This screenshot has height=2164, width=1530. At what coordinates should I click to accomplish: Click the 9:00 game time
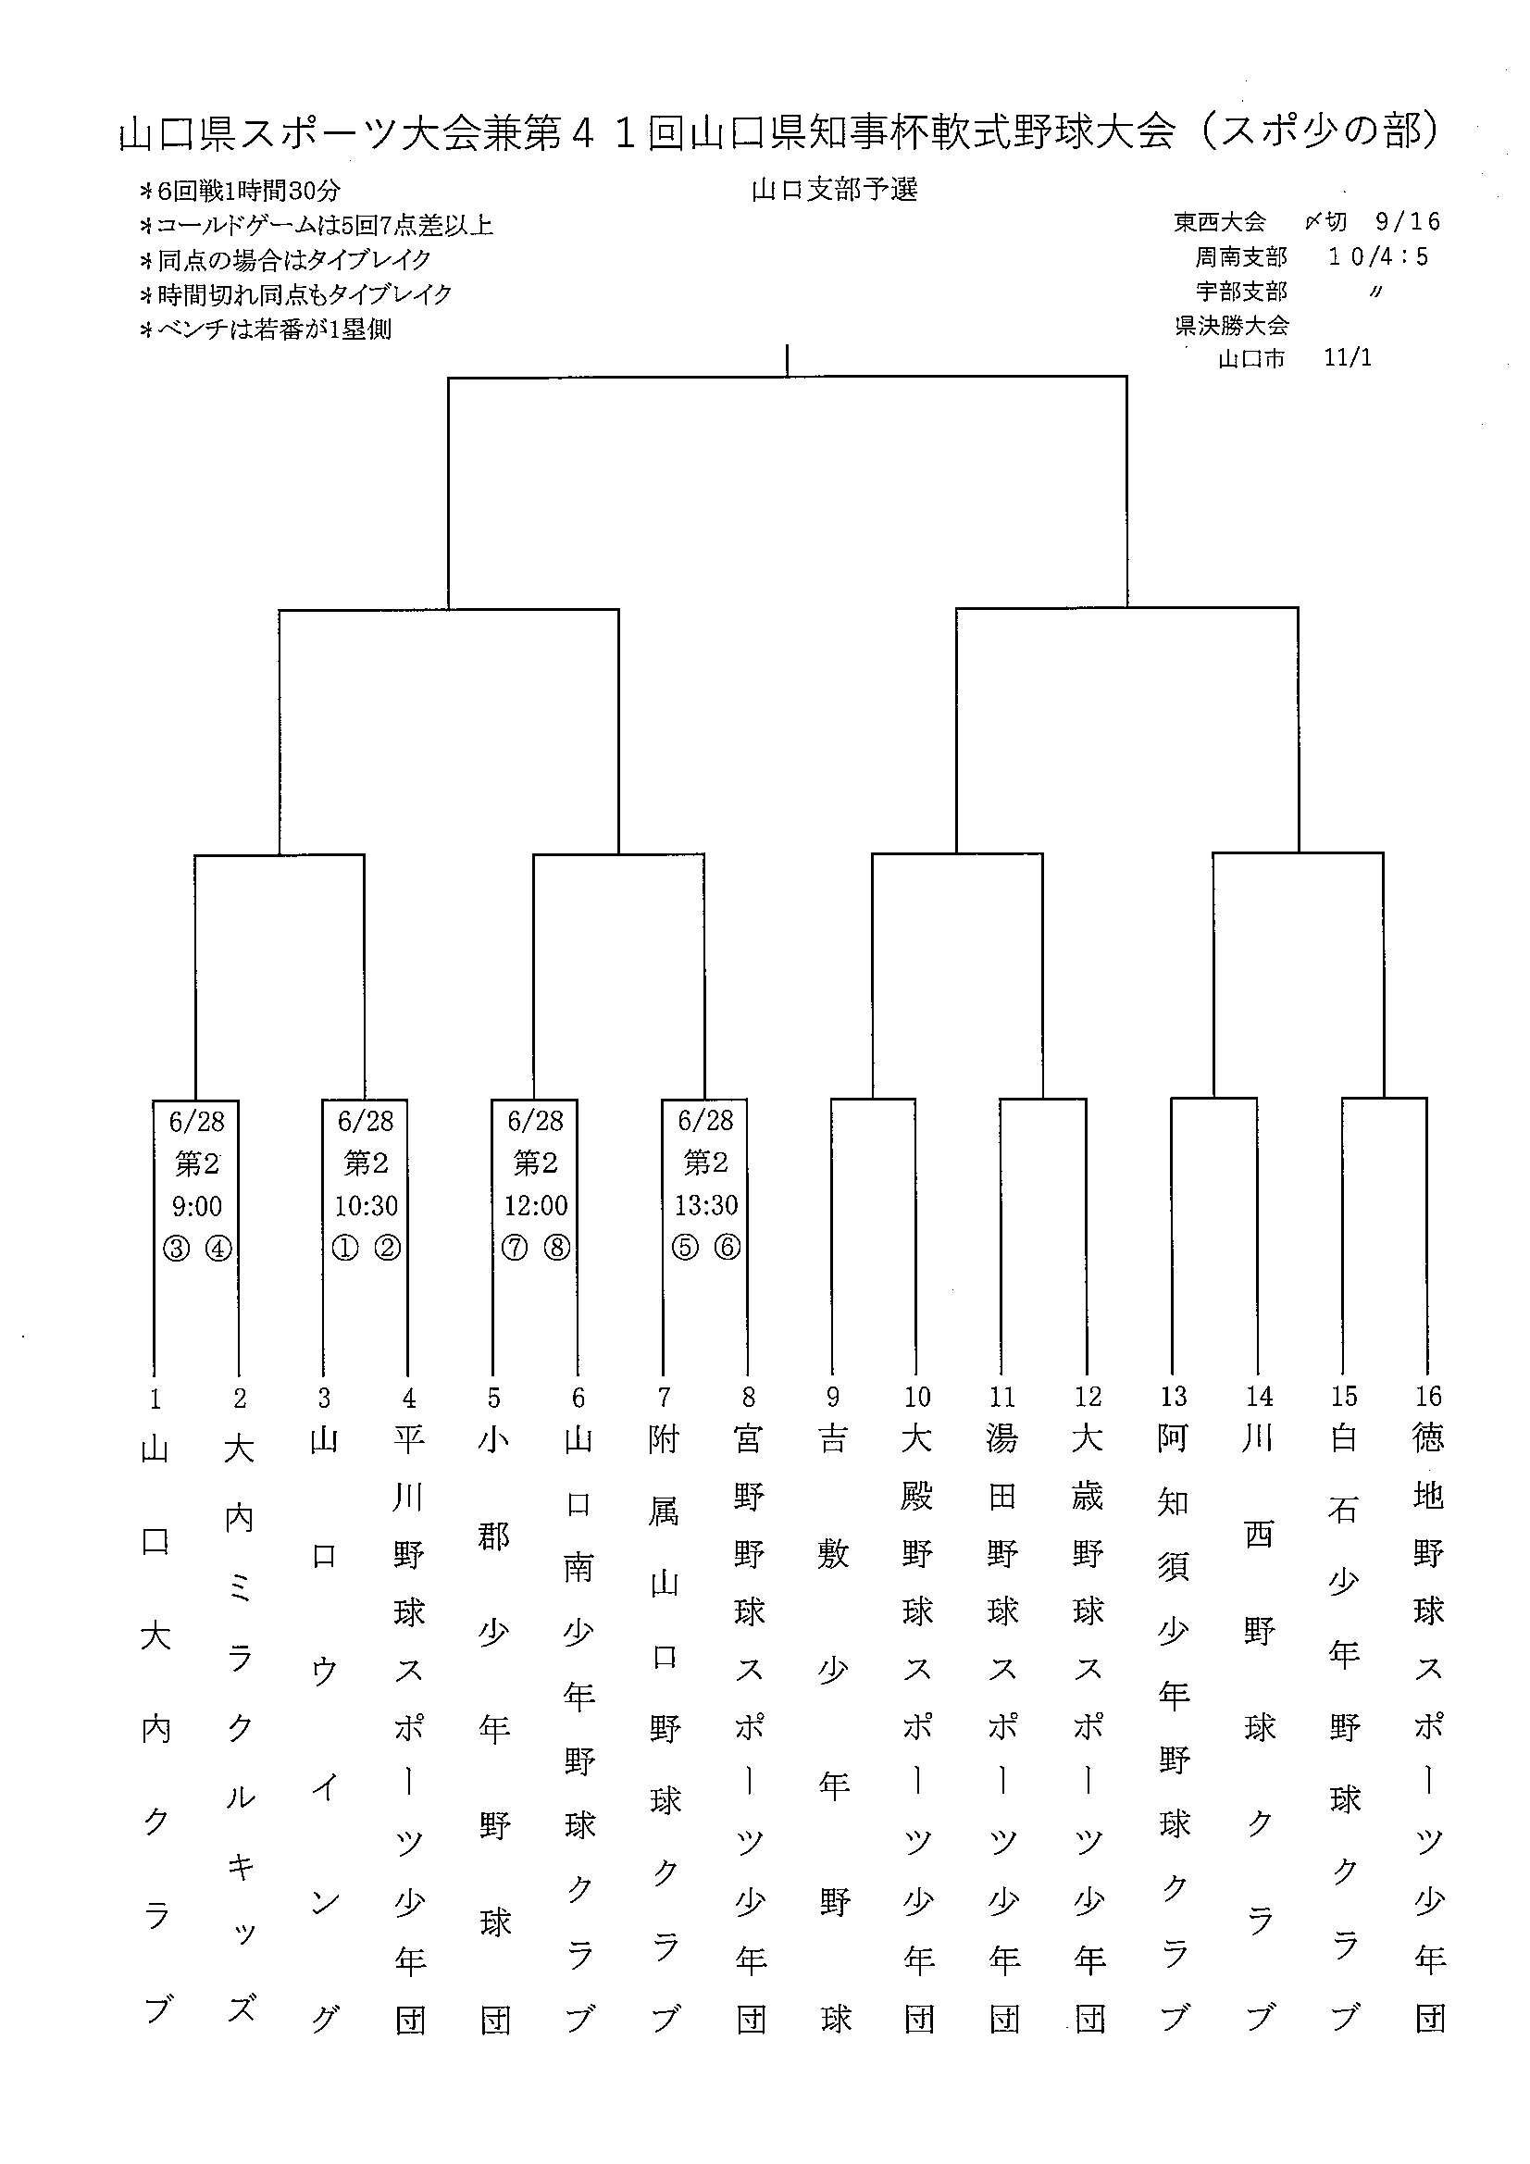pyautogui.click(x=196, y=1205)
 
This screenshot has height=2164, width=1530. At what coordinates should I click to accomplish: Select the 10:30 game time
pyautogui.click(x=366, y=1205)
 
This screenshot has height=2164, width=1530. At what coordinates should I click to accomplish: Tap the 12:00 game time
pyautogui.click(x=535, y=1205)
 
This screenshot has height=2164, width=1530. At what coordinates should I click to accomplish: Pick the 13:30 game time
pyautogui.click(x=706, y=1204)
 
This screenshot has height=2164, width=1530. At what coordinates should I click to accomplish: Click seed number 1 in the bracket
pyautogui.click(x=155, y=1399)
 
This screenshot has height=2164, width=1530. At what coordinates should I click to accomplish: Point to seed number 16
pyautogui.click(x=1428, y=1396)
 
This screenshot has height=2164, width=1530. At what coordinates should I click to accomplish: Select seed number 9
pyautogui.click(x=832, y=1397)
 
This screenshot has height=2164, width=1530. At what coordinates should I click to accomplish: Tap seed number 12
pyautogui.click(x=1088, y=1396)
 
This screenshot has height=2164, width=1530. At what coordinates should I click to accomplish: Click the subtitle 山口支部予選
pyautogui.click(x=834, y=190)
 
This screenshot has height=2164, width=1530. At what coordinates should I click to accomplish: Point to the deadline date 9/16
pyautogui.click(x=1409, y=221)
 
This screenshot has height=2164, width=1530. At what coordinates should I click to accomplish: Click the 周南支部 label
pyautogui.click(x=1241, y=256)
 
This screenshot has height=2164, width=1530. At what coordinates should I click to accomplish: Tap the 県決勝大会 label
pyautogui.click(x=1231, y=325)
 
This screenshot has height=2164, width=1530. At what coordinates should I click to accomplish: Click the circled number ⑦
pyautogui.click(x=514, y=1248)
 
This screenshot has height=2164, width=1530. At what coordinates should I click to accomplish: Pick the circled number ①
pyautogui.click(x=345, y=1248)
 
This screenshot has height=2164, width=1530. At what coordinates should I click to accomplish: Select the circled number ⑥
pyautogui.click(x=728, y=1247)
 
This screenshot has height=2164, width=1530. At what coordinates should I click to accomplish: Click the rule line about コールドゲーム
pyautogui.click(x=316, y=225)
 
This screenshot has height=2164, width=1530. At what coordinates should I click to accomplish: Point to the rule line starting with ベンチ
pyautogui.click(x=265, y=329)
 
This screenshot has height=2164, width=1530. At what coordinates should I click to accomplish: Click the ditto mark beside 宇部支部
pyautogui.click(x=1377, y=292)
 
